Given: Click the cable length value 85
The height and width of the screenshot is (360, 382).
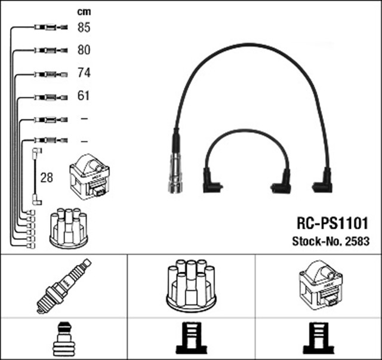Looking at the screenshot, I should coord(84,27).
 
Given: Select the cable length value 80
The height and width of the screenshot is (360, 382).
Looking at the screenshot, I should coord(84,50).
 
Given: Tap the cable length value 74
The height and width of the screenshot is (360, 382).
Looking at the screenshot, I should coord(84,73).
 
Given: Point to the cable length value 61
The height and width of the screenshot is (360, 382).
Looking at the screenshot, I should coord(84,96).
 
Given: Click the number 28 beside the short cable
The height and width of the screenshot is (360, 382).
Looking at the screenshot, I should coord(47,177).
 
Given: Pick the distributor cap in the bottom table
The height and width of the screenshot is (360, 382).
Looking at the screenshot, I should coord(191,285).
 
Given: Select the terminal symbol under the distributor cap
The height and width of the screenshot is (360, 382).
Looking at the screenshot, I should coord(191,339).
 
